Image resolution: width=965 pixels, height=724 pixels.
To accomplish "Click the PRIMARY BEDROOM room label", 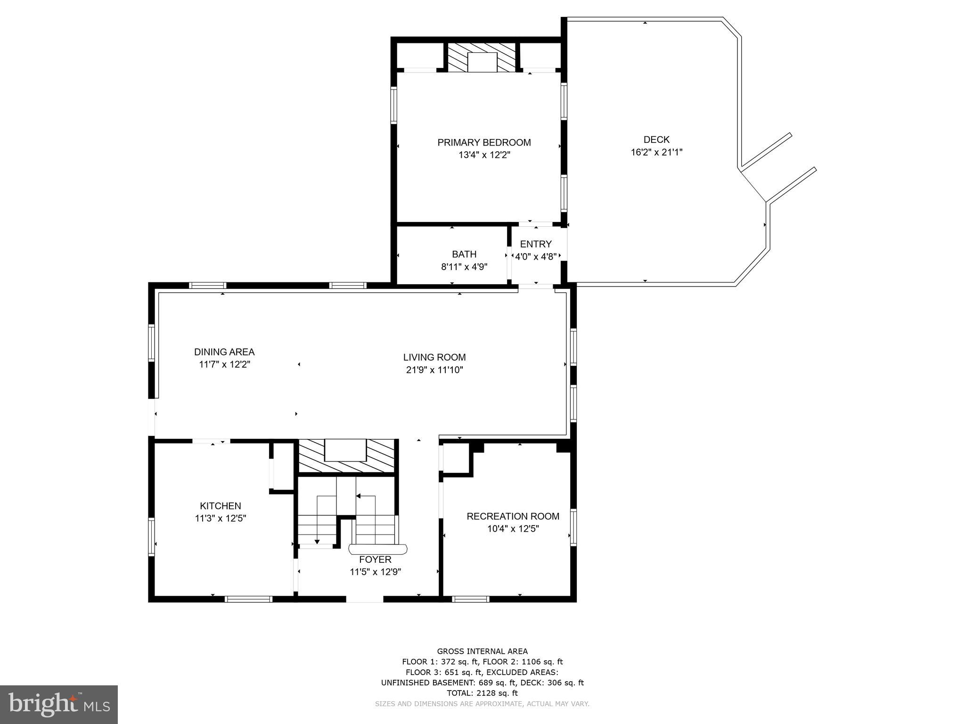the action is coord(484,142).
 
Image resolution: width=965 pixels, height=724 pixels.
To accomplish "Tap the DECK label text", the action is coord(656,140).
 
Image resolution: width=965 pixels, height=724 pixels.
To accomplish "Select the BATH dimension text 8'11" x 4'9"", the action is coord(464,267).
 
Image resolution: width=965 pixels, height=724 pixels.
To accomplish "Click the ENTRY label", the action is coord(536,244).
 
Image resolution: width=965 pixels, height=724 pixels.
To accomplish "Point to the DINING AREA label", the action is coord(224,352).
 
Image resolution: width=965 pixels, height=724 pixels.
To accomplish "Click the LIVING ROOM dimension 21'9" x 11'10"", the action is coord(434,370).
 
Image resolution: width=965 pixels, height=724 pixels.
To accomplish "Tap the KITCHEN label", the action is coord(221,506).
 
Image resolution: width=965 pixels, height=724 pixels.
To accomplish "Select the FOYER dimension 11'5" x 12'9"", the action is coord(375,572).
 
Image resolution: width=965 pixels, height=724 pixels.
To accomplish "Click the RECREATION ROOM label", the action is coord(513,516).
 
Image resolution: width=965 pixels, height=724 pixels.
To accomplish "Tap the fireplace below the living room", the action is coord(346,455).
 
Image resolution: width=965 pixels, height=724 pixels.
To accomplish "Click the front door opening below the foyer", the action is coord(365,599).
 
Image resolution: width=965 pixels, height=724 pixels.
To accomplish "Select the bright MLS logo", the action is coord(59,705).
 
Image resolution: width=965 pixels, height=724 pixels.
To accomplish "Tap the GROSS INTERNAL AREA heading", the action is coord(482,651).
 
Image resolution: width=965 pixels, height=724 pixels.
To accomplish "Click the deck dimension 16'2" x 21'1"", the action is coord(656,152).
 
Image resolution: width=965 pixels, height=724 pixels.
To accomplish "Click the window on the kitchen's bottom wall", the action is coord(248,599).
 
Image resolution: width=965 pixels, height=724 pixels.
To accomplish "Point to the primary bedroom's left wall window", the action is coord(394,105).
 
